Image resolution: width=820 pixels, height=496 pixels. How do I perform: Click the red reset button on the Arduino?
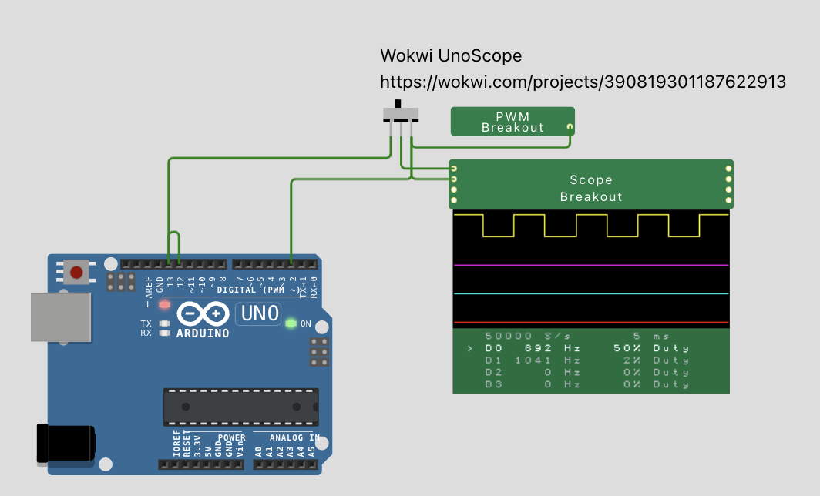coord(76,271)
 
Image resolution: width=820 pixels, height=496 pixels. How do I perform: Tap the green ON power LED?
coord(291,323)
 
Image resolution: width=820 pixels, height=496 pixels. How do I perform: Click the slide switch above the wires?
coord(400,114)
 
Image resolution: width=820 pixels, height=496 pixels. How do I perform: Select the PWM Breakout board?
coord(512,122)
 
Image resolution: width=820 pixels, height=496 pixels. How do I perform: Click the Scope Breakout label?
coord(591,188)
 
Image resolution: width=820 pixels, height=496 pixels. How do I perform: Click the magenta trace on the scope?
coord(591,265)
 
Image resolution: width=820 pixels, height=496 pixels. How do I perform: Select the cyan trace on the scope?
coord(591,293)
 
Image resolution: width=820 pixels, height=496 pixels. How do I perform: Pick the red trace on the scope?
coord(591,322)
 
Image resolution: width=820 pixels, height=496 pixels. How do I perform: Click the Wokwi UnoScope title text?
coord(451,56)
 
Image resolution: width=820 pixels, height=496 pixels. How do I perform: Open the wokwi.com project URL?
coord(583,82)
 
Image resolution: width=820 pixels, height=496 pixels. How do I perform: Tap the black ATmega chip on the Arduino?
coord(240,407)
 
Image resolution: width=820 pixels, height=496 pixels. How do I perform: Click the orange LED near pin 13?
coord(164,304)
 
